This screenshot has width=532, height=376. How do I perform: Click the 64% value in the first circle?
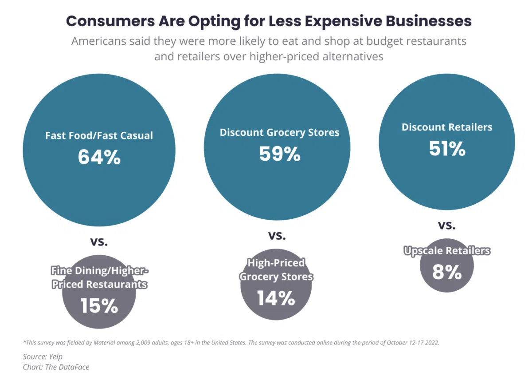pyautogui.click(x=99, y=157)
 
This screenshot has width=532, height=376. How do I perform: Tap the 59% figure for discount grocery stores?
pyautogui.click(x=280, y=154)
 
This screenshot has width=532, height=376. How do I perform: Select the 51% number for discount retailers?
pyautogui.click(x=447, y=149)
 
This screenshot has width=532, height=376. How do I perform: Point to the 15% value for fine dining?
pyautogui.click(x=99, y=305)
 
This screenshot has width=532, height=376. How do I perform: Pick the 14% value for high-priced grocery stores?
pyautogui.click(x=276, y=298)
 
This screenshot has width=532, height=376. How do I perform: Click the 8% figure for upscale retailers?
pyautogui.click(x=447, y=272)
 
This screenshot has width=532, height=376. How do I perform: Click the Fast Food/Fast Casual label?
pyautogui.click(x=99, y=135)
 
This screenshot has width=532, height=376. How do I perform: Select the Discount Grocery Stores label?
pyautogui.click(x=280, y=132)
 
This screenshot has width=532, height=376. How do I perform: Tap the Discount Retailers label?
pyautogui.click(x=447, y=127)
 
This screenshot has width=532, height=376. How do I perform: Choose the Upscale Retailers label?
pyautogui.click(x=447, y=251)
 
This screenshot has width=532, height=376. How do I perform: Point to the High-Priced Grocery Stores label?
pyautogui.click(x=276, y=270)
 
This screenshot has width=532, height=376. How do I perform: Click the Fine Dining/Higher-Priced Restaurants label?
pyautogui.click(x=99, y=277)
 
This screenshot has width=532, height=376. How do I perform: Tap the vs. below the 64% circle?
pyautogui.click(x=99, y=242)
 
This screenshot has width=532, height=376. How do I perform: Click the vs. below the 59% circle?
pyautogui.click(x=277, y=235)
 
